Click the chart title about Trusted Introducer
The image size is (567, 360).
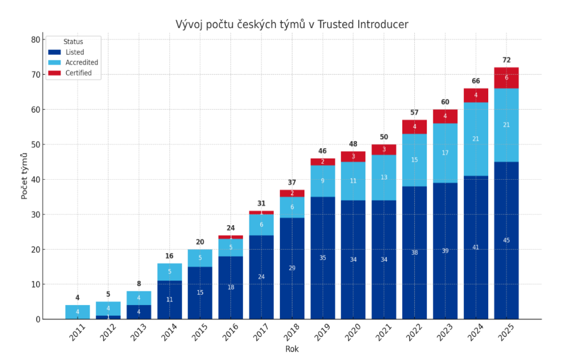[x=292, y=24]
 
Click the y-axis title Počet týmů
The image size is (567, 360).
[x=24, y=176]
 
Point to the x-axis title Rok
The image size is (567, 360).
[x=292, y=349]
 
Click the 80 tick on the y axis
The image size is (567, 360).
[x=35, y=40]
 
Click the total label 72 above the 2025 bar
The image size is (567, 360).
[x=506, y=60]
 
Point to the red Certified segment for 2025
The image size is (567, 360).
[x=506, y=78]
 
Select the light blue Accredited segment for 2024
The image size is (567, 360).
[x=476, y=139]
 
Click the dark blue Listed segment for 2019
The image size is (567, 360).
[x=322, y=258]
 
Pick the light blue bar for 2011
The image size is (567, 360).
[x=78, y=312]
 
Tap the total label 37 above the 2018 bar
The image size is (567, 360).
[x=292, y=183]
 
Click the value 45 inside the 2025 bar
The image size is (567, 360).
[x=506, y=241]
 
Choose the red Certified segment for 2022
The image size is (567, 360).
[x=414, y=127]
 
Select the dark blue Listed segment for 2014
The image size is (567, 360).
[x=170, y=300]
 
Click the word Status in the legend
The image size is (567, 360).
[x=73, y=42]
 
